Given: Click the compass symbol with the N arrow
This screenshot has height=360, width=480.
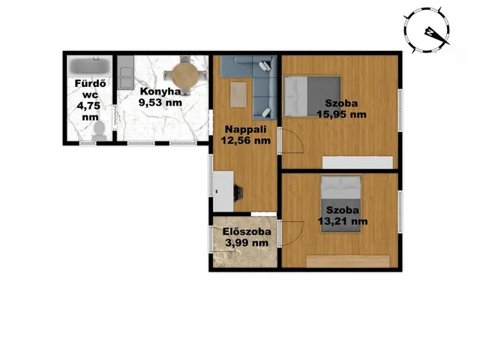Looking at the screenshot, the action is tap(427, 31).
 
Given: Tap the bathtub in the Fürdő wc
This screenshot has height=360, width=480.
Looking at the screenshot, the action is tap(90, 66).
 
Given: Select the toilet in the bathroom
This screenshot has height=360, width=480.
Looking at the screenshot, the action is tap(99, 131).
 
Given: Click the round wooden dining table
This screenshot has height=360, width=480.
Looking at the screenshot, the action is tap(184, 75).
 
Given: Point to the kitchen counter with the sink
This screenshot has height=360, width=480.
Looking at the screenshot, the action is tap(126, 73).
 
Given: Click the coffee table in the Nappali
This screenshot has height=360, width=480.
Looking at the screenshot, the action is tap(238, 94).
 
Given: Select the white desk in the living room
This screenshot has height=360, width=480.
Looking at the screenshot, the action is tap(223, 191).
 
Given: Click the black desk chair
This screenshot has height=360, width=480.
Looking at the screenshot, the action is tap(238, 193).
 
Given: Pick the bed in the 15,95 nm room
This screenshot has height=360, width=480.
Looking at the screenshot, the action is tap(312, 97).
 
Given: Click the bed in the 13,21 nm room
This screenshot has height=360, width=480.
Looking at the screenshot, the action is tap(340, 204).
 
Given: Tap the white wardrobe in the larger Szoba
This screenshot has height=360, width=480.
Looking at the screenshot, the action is tap(358, 162).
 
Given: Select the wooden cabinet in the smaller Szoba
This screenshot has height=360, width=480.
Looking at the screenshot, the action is tap(348, 262).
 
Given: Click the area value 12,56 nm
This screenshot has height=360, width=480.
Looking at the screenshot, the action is tap(246, 140).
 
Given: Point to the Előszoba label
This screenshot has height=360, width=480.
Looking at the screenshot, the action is tap(247, 232).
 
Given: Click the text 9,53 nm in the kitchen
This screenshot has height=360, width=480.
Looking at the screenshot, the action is tap(160, 102).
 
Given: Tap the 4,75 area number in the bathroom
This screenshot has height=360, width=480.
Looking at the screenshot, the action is tap(88, 106).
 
